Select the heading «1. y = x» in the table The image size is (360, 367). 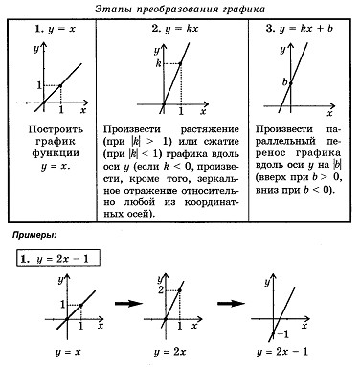pos(55,29)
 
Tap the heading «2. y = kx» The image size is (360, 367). pos(175,29)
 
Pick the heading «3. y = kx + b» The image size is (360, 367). pos(299,29)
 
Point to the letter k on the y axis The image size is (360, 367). pos(158,63)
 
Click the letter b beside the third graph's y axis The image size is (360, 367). pos(284,82)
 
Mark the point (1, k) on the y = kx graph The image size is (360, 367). pos(180,64)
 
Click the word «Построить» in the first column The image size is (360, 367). pos(56,129)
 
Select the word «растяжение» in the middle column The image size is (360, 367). pos(210,130)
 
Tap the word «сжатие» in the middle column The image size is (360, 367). pos(221,141)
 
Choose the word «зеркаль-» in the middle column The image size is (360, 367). pos(218,178)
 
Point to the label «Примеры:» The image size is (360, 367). pos(34,235)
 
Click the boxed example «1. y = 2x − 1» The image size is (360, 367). pos(58,259)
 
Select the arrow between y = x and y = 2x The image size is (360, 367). pos(128,303)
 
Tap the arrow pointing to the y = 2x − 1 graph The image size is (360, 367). pos(231,303)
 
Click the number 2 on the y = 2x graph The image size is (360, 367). pos(160,289)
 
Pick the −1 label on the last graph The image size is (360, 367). pos(282,334)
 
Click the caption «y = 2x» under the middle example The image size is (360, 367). pos(169,352)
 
